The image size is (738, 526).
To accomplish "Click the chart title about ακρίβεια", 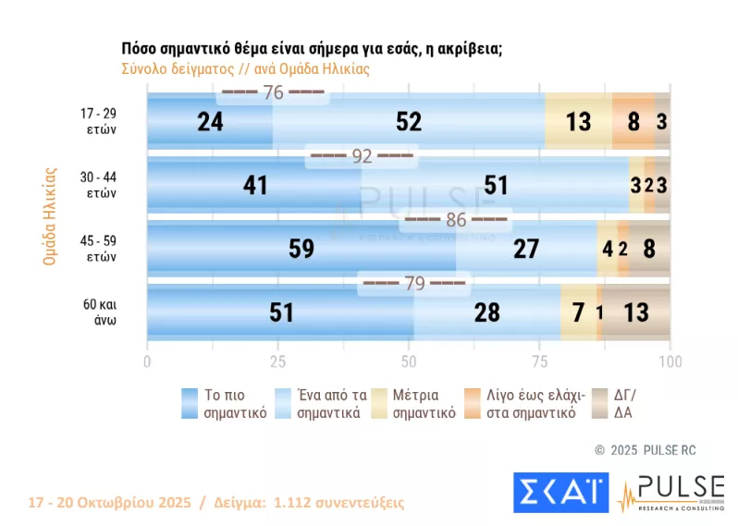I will click(x=312, y=50).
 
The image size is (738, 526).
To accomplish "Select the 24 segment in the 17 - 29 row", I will click(x=210, y=121).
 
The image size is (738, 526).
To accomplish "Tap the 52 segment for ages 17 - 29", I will click(x=408, y=121).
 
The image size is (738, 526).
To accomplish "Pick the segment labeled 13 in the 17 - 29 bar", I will click(x=578, y=121).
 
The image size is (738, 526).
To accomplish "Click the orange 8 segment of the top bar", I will click(x=633, y=121).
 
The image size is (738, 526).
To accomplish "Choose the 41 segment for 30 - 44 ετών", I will click(x=254, y=185).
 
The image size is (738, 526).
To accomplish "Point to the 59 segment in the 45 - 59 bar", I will click(x=301, y=249).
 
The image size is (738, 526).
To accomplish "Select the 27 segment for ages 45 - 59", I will click(x=526, y=249).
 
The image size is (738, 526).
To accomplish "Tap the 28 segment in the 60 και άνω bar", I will click(x=487, y=312).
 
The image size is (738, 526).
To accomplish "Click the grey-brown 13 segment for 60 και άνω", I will click(x=637, y=312).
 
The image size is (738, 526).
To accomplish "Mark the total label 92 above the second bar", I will click(x=361, y=156).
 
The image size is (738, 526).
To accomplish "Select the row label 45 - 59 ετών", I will click(x=97, y=249).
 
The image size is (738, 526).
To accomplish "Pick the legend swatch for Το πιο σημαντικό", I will click(x=192, y=403).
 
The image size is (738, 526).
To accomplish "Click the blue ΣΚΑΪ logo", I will click(x=559, y=493).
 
